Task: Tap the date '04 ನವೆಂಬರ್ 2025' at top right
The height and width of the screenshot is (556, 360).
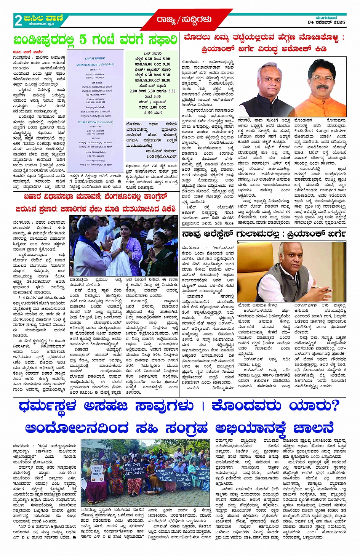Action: tap(326, 22)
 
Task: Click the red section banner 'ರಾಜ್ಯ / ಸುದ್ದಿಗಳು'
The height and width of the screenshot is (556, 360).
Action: tap(184, 19)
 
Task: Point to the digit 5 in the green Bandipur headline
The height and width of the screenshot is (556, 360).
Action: tap(83, 39)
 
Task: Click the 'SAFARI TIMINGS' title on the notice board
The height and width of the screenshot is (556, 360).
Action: tap(95, 58)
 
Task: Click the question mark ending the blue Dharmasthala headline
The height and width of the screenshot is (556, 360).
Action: tap(333, 406)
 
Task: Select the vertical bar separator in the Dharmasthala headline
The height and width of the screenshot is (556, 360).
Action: tap(203, 406)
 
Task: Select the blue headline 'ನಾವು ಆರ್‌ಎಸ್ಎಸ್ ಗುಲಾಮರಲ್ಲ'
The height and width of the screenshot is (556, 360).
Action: tap(263, 233)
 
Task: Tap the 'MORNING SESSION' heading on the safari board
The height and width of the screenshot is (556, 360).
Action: tap(95, 65)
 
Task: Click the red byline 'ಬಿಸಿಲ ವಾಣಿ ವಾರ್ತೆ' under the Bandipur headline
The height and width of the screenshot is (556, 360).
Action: tap(28, 52)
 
